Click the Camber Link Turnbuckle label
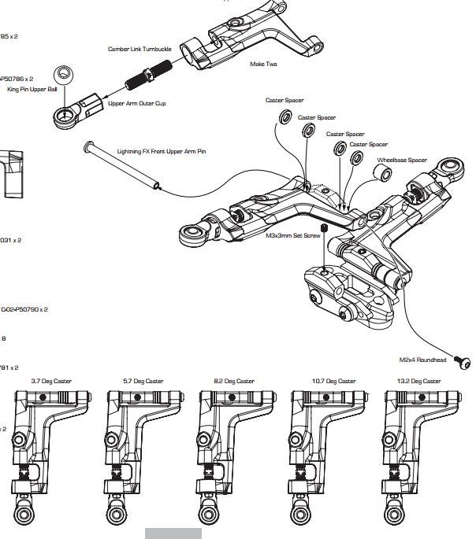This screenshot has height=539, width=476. (x=139, y=49)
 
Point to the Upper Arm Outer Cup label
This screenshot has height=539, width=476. (x=137, y=103)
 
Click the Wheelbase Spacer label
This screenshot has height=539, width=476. (x=401, y=160)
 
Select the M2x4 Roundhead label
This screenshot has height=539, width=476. (x=423, y=360)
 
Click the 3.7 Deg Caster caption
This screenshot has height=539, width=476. (x=51, y=381)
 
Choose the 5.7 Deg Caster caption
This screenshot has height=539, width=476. (x=143, y=381)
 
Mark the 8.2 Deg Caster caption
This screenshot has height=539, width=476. (x=234, y=381)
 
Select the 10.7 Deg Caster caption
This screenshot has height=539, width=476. (x=326, y=381)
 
